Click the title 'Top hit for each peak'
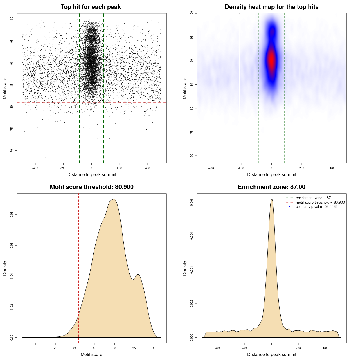pos(91,7)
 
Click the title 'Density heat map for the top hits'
pos(271,7)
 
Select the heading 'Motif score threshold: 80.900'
pos(91,187)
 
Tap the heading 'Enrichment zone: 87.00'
pos(271,187)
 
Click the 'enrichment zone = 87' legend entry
pos(313,198)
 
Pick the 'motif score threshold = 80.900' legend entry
pos(320,202)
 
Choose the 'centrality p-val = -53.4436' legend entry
pos(316,207)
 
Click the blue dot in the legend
pos(289,207)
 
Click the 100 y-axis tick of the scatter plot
pos(12,19)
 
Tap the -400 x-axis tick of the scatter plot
pos(35,168)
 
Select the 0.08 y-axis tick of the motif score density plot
pos(12,215)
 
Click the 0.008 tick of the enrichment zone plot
pos(192,202)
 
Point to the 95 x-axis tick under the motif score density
pos(134,348)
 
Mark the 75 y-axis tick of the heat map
pos(192,132)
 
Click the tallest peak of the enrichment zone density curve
pos(272,199)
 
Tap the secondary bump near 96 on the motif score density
pos(138,274)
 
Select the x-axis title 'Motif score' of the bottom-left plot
pos(91,354)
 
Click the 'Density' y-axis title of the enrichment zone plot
pos(185,268)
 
